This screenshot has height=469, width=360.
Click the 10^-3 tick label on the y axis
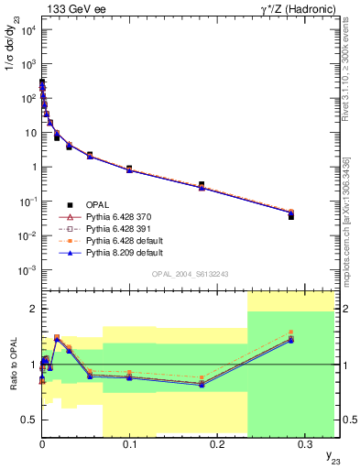click(28, 270)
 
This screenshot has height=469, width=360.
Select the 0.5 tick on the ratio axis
click(28, 420)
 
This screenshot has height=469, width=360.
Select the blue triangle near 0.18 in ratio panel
click(202, 385)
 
